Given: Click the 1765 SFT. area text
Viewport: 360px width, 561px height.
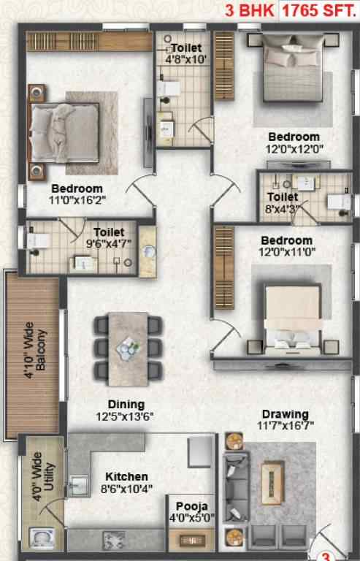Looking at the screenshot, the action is point(319,11).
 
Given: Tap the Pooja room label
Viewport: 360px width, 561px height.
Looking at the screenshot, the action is point(191,506).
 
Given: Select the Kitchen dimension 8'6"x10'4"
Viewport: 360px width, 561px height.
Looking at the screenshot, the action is point(126,489).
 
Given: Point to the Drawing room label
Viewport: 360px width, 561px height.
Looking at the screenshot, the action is point(286,414).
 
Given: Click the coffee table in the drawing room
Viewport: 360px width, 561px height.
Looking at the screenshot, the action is point(272,482).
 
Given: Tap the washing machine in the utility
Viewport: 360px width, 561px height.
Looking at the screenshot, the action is point(42,538).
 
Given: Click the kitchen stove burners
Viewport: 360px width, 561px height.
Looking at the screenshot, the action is point(114,541).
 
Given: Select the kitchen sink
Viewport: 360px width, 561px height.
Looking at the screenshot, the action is point(79,485).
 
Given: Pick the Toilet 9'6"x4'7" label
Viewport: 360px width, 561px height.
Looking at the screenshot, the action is point(109,238).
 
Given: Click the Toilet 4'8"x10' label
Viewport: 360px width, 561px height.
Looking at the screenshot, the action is point(186,53).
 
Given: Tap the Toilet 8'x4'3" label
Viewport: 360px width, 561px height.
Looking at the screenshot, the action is point(282,202).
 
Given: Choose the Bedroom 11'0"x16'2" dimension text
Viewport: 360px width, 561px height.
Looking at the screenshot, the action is point(77,199).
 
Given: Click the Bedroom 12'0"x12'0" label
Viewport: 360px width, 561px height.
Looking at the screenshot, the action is point(294,142).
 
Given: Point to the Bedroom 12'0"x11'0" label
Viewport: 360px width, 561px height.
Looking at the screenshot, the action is point(287,246).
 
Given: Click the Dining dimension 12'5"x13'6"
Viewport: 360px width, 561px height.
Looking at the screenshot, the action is point(125,416).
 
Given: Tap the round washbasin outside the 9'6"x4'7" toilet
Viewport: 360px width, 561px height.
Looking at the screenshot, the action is point(148,252).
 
